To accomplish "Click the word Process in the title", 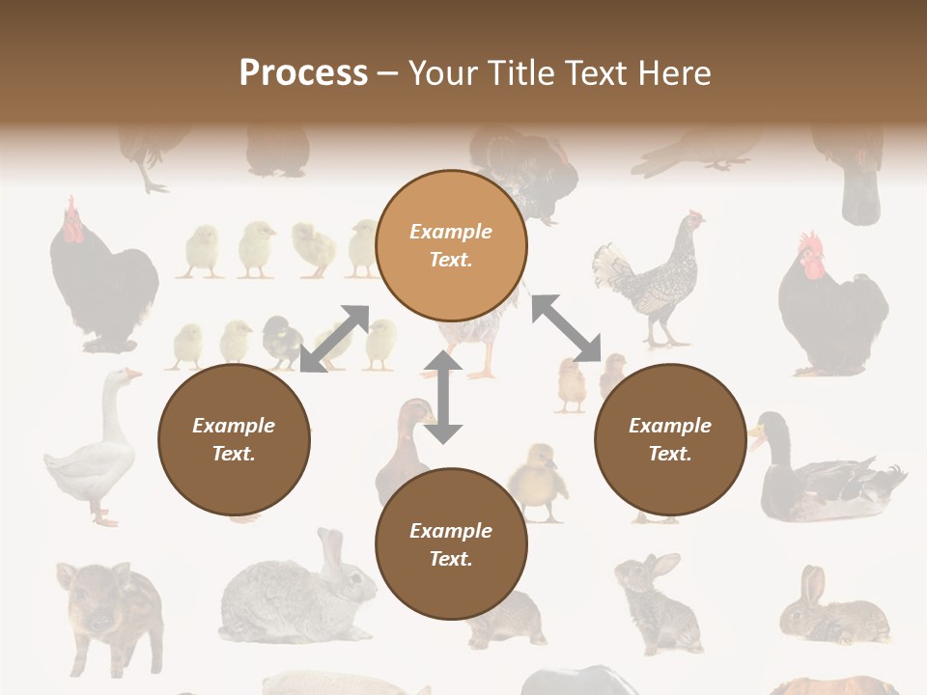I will click(303, 73).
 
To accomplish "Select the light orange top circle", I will click(451, 246).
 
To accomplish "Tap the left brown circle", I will click(234, 439).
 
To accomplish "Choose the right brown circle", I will click(670, 439).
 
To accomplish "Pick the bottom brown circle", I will click(451, 544).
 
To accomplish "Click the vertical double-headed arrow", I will click(443, 397).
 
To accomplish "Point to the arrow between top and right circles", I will click(566, 328).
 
